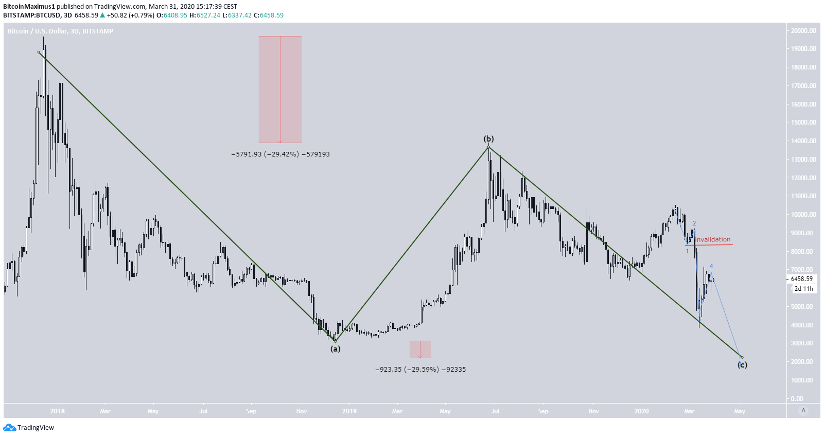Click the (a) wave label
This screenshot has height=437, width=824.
click(336, 349)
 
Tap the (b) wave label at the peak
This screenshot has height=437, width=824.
click(488, 139)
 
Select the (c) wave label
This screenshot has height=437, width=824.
click(742, 365)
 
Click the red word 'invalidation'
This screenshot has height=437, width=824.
click(712, 239)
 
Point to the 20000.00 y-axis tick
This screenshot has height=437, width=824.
click(803, 31)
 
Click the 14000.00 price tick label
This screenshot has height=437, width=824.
click(803, 141)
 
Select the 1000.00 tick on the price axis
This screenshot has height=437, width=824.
click(803, 380)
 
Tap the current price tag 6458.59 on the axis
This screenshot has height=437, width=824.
click(802, 279)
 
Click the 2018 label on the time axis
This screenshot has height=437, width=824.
click(58, 411)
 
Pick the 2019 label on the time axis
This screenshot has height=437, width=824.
click(349, 411)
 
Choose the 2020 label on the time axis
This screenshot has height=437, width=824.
click(641, 411)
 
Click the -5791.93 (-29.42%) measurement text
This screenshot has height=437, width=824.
click(280, 154)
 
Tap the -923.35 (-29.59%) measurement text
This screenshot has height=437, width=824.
click(420, 370)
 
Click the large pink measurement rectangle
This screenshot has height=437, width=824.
click(280, 89)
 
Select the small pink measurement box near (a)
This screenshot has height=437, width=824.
click(420, 349)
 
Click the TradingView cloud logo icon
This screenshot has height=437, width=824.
click(9, 428)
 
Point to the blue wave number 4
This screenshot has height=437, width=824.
click(711, 267)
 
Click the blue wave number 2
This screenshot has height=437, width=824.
click(694, 223)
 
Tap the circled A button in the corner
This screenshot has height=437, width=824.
click(803, 410)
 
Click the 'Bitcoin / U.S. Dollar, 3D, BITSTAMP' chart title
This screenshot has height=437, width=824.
click(61, 31)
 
